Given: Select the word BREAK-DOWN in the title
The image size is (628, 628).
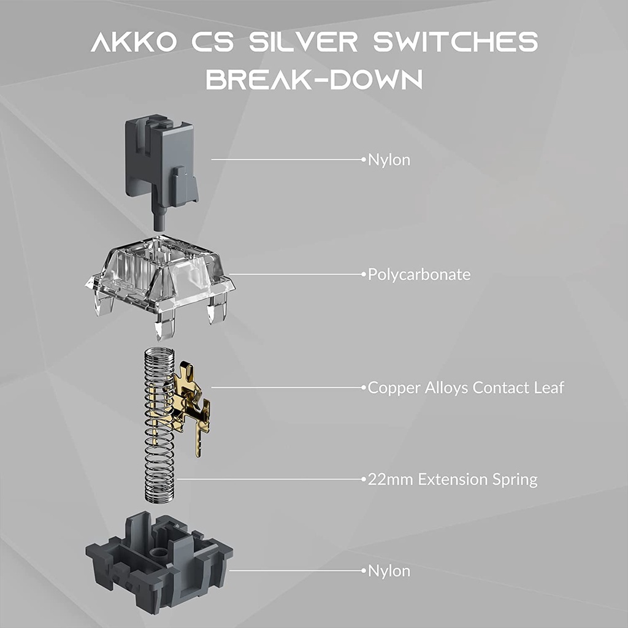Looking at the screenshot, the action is coord(314,80).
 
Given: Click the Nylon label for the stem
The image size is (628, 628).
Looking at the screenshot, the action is coord(389,160).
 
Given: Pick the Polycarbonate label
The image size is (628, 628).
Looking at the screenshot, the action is coord(419,274).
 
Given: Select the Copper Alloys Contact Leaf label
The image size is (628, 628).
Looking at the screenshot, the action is coord(465,388).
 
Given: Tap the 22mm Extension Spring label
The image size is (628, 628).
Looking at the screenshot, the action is coord(452,479).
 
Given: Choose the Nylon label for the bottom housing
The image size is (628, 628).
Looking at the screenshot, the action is coord(389,571).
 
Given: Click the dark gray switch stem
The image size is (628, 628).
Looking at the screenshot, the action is coord(161,159).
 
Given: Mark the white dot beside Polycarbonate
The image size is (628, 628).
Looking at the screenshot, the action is coord(363,274).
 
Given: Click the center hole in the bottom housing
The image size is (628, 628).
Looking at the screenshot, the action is coord(161,551).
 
